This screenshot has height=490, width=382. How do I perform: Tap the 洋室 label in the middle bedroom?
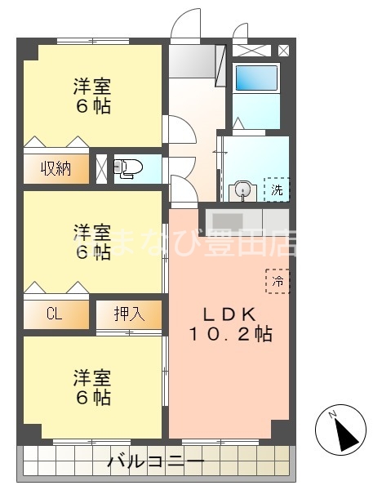91,231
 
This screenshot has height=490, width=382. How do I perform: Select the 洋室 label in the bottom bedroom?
91,378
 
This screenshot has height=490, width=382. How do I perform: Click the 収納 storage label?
56,169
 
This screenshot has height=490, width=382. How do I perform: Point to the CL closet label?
55,314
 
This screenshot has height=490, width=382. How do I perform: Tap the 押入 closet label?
128,314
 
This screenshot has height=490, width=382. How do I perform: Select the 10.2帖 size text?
229,334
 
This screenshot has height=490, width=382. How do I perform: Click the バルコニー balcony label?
155,463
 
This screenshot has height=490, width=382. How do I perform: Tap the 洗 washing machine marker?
278,189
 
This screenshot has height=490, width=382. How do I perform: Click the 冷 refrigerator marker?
278,280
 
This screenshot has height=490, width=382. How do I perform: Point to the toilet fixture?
129,169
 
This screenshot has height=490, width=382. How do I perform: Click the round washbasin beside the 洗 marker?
241,190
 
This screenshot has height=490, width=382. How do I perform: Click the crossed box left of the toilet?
101,169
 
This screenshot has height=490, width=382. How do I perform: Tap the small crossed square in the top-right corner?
283,50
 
